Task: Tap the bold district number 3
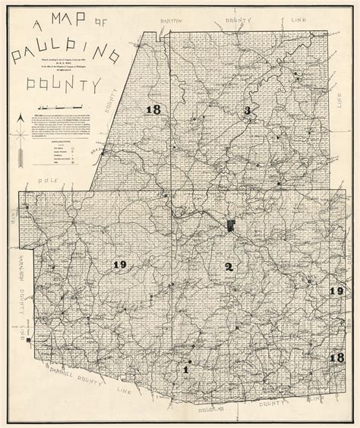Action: point(247,112)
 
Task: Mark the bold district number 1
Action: point(186,370)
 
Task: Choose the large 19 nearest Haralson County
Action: point(118,264)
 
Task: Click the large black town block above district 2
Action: point(230,225)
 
